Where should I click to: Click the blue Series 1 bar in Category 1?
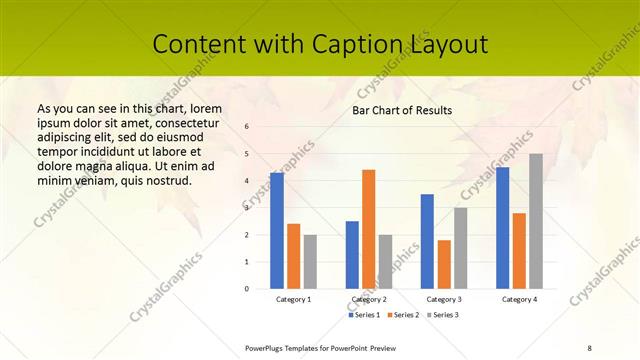pyautogui.click(x=277, y=231)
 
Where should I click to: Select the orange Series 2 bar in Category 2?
pyautogui.click(x=369, y=229)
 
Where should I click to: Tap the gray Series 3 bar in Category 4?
pyautogui.click(x=536, y=221)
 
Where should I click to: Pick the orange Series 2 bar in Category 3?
pyautogui.click(x=444, y=264)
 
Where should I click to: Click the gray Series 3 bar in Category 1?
pyautogui.click(x=310, y=262)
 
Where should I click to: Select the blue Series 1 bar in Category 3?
pyautogui.click(x=427, y=241)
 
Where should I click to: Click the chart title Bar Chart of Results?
pyautogui.click(x=402, y=110)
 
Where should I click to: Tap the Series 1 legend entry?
pyautogui.click(x=365, y=315)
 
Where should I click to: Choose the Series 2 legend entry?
pyautogui.click(x=402, y=315)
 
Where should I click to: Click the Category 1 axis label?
pyautogui.click(x=294, y=299)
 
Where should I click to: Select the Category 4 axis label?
pyautogui.click(x=519, y=299)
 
